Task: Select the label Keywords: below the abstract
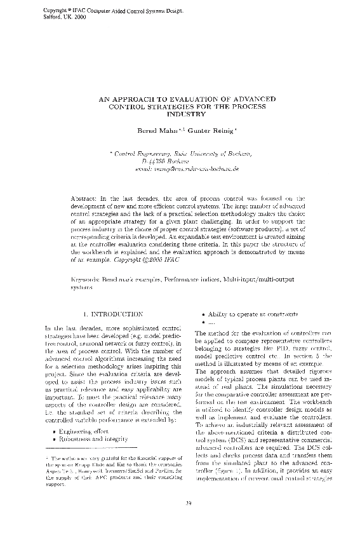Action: (x=87, y=279)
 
